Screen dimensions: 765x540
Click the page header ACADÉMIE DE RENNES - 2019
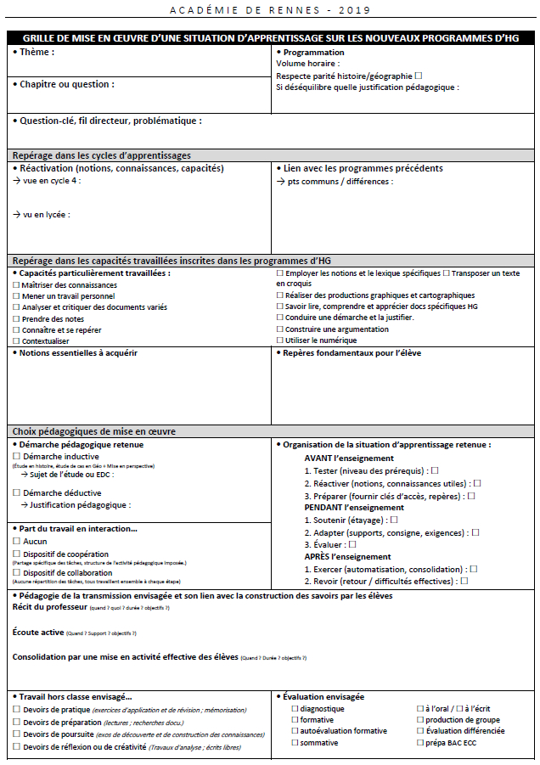270,10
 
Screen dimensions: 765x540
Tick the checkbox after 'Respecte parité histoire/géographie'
418,76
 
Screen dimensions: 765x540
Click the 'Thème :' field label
37,53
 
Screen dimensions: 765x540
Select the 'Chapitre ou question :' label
66,84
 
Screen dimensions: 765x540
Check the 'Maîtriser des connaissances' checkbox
16,285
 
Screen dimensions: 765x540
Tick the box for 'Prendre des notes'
16,318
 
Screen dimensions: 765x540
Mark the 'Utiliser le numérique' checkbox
280,340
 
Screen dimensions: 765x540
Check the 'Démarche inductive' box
16,457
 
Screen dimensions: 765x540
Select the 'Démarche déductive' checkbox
16,493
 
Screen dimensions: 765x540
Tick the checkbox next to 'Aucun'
16,541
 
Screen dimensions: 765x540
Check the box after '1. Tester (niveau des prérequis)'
435,470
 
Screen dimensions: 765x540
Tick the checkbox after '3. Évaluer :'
352,544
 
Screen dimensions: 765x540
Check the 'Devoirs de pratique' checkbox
16,710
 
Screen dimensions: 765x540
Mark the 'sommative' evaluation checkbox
295,743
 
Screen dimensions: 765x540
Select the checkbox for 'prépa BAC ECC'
419,743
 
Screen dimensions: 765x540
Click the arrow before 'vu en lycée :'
17,215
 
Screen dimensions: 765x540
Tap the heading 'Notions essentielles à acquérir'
77,352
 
